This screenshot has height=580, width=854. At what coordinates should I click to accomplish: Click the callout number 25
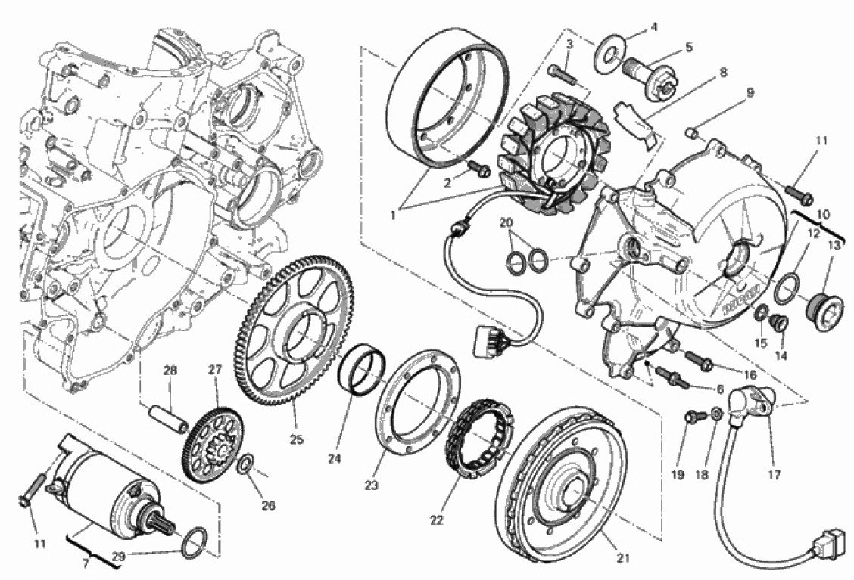pos(296,439)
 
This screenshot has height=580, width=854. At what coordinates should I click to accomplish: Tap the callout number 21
pos(623,558)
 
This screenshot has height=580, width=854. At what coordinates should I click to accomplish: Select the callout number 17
pos(774,474)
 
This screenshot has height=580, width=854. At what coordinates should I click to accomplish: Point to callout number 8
pos(723,73)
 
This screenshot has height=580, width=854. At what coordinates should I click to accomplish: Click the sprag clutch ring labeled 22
pos(478,438)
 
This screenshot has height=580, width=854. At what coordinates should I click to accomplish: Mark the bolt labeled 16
pos(699,360)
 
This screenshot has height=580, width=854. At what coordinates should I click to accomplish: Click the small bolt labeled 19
pos(695,416)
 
